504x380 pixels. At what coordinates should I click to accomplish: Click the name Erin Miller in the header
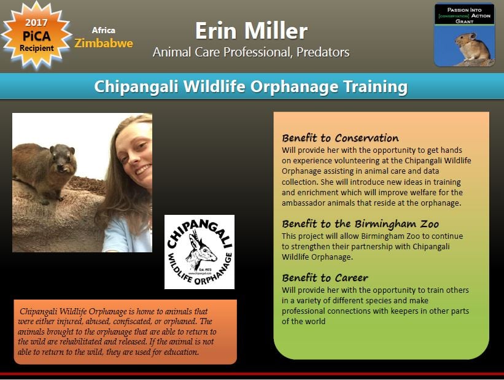click(251, 31)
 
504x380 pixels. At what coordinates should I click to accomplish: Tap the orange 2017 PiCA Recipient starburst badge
click(36, 36)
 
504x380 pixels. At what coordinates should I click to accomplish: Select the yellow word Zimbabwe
click(104, 43)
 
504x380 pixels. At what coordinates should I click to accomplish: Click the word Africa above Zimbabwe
click(104, 30)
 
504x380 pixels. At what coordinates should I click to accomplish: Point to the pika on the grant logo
click(472, 47)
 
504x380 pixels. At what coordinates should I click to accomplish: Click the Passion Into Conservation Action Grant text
click(465, 15)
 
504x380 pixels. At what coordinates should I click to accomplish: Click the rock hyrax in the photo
click(44, 171)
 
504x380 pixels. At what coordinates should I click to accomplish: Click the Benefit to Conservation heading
click(340, 138)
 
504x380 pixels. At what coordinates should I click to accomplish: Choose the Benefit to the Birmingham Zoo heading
click(360, 224)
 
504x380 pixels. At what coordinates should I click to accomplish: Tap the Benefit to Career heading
click(325, 277)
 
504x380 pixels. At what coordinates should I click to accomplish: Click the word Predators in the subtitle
click(323, 52)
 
